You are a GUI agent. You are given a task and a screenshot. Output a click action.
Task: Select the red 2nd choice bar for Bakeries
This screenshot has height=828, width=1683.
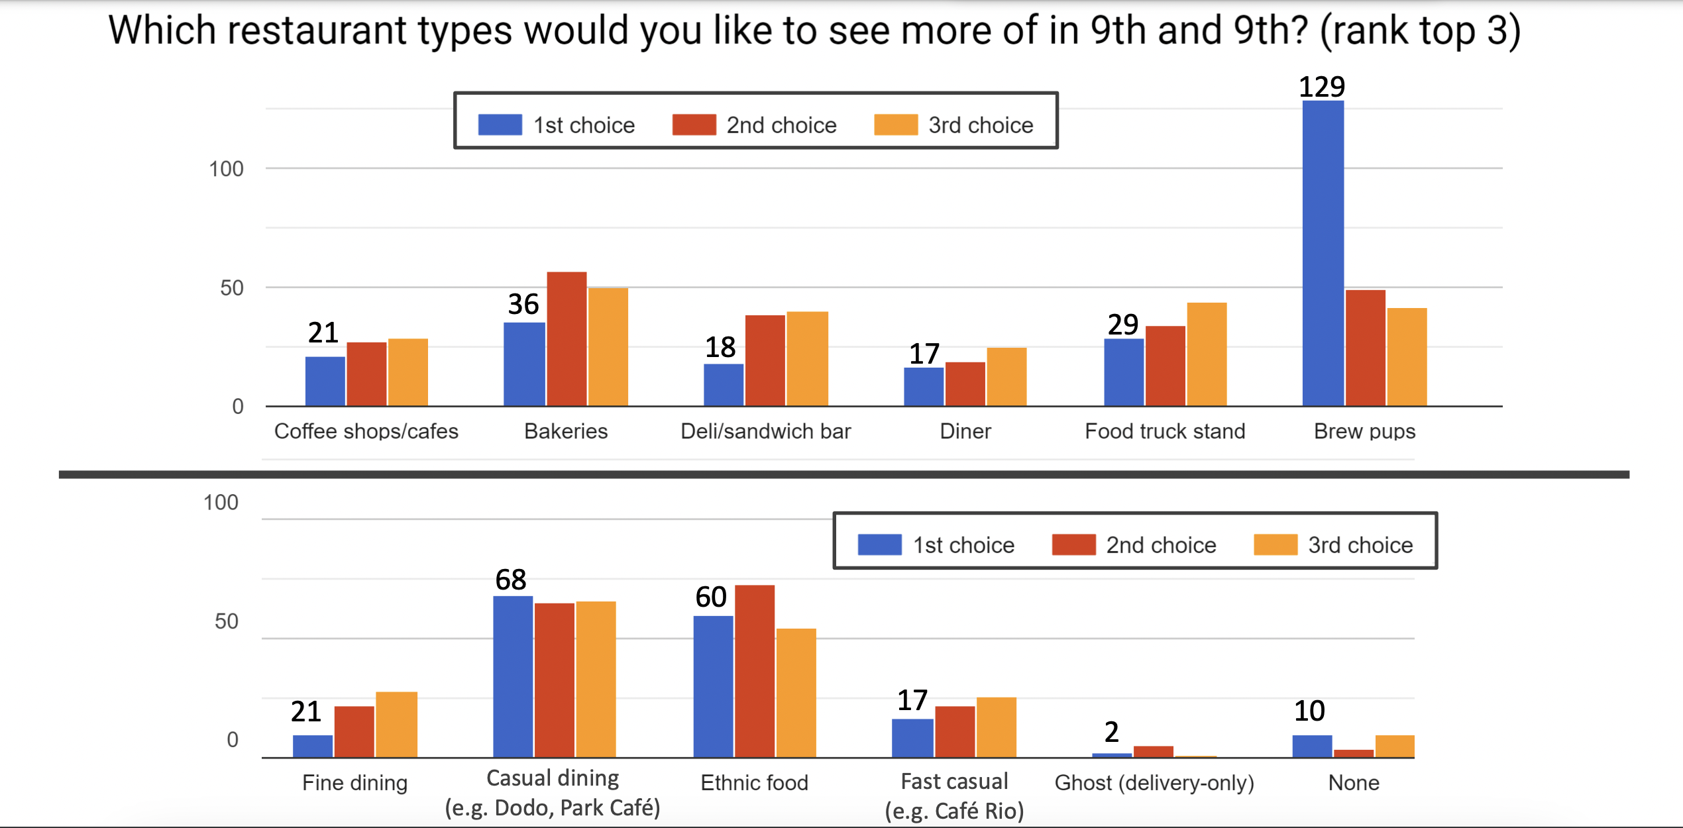coord(567,338)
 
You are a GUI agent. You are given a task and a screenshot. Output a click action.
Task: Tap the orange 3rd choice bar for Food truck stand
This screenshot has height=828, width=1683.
coord(1207,354)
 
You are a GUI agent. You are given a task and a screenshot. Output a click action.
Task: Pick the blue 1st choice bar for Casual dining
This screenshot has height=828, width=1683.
coord(513,676)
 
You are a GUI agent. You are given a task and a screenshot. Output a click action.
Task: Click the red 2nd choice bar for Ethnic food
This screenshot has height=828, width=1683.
coord(754,671)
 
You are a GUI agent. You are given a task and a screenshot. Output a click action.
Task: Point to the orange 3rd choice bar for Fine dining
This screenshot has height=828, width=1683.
coord(396,724)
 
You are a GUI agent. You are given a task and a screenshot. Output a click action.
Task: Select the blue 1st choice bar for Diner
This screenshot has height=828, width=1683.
coord(924,386)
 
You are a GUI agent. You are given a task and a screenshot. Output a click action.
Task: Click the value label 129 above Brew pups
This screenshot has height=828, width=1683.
coord(1322,87)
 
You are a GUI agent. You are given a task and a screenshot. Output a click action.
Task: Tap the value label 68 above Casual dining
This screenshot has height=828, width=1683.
coord(511,580)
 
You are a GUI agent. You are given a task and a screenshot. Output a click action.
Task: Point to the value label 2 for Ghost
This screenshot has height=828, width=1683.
coord(1112,731)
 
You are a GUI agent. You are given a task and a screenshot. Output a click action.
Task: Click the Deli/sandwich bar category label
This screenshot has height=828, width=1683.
coord(765,431)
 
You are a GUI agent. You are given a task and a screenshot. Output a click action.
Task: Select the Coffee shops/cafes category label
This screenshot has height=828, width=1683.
coord(366,431)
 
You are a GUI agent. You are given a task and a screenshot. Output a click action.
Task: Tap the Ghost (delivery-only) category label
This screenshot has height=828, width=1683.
coord(1154,782)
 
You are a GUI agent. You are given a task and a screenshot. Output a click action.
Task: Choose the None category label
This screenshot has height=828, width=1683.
coord(1354,782)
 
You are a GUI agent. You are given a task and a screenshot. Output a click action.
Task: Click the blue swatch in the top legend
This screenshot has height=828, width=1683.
coord(500,125)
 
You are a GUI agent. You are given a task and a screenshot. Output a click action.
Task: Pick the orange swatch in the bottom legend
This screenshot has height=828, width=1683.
coord(1276,544)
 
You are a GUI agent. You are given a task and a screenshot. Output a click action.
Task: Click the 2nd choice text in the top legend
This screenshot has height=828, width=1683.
coord(781,125)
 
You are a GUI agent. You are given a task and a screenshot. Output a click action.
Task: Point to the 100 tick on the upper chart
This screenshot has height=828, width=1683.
coord(226,169)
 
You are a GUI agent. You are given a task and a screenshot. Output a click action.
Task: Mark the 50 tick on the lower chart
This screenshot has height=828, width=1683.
coord(226,621)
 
